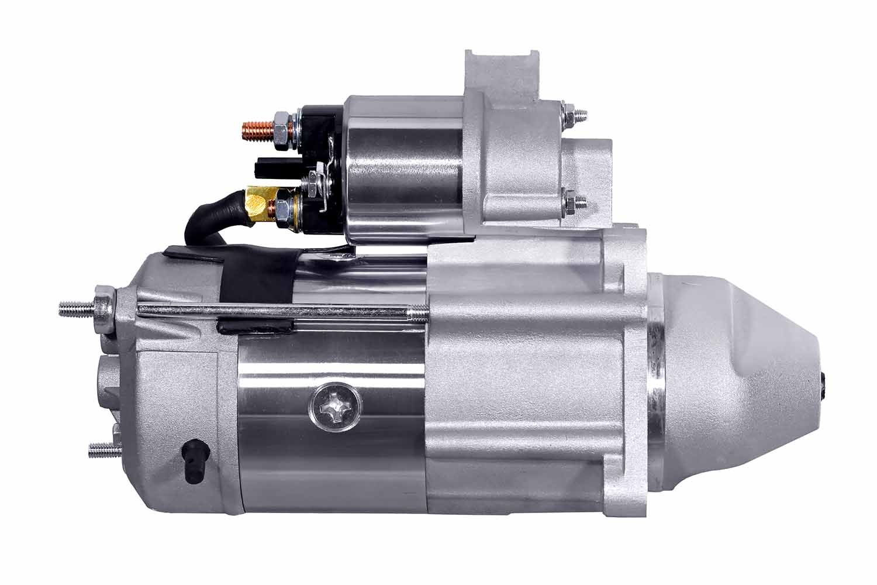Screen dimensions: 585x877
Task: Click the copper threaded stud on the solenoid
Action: pos(256,132)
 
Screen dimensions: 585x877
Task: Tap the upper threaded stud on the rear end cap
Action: pos(76,308)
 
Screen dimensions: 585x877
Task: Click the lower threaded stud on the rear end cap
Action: pos(101,450)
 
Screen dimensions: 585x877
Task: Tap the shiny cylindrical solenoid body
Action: pos(403,170)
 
